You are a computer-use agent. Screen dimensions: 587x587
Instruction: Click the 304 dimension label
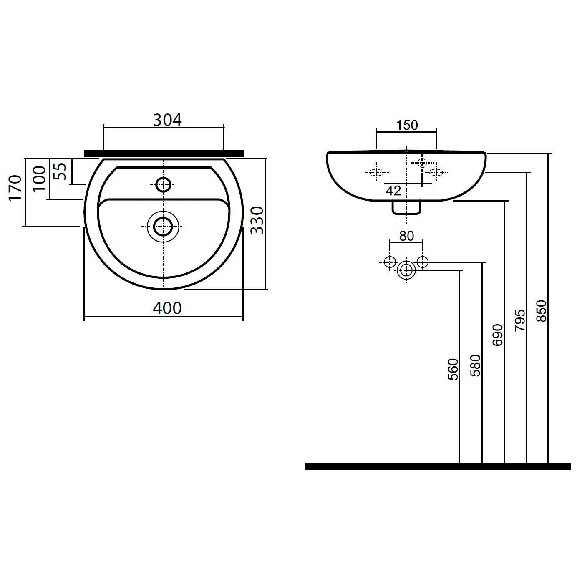167,120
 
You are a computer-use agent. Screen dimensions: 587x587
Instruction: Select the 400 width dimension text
167,308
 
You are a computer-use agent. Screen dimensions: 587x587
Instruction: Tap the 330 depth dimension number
257,221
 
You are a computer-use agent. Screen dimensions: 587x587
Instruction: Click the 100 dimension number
39,179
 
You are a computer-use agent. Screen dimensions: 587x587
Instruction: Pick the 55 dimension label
60,171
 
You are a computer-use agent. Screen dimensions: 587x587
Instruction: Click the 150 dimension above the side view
407,125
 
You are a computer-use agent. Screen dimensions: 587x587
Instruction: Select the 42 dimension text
393,191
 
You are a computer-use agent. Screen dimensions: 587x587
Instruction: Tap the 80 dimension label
406,236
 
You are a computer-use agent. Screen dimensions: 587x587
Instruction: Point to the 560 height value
453,369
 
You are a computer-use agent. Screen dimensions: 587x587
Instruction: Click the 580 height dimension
475,365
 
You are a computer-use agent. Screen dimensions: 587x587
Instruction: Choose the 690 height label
497,335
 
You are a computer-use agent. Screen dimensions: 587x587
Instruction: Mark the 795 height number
520,320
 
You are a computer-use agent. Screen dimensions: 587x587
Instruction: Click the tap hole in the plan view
163,184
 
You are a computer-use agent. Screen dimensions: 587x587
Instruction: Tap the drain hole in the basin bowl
163,227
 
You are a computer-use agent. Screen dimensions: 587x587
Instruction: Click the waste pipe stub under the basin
406,208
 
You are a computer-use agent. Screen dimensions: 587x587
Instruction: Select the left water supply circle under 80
390,262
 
